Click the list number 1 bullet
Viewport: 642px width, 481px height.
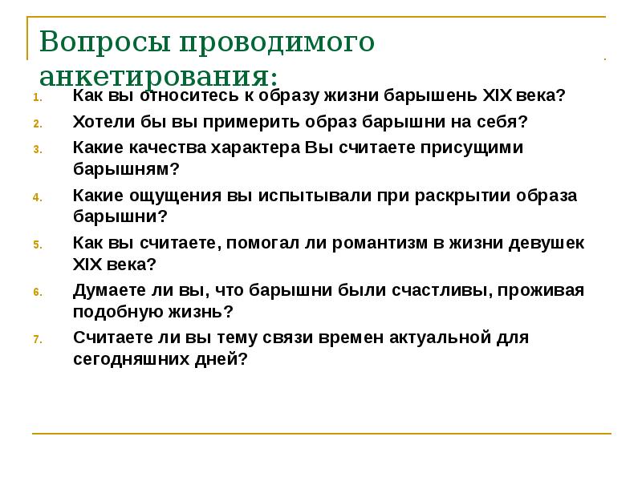coord(36,99)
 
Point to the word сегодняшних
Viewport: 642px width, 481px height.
coord(129,358)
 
